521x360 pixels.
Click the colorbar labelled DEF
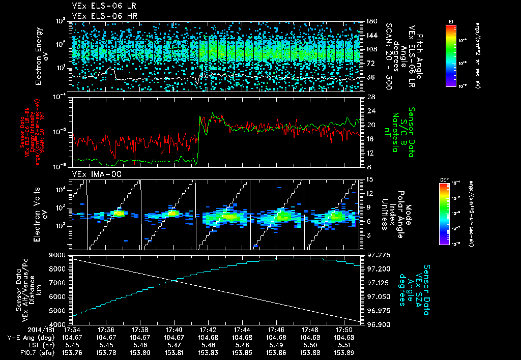click(444, 214)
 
